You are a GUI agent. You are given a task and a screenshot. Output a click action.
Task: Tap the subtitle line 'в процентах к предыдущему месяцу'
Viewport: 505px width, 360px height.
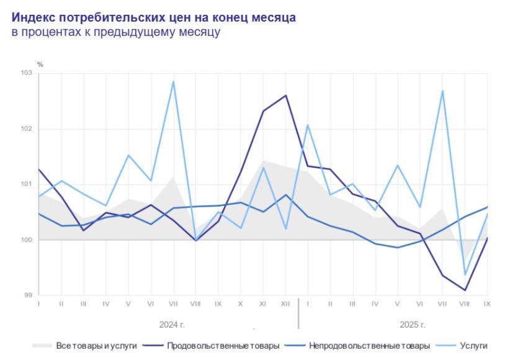click(115, 32)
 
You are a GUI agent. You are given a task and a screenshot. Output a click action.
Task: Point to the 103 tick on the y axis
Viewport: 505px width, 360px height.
click(27, 74)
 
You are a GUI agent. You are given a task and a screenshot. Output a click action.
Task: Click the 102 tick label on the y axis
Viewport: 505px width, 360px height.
click(27, 129)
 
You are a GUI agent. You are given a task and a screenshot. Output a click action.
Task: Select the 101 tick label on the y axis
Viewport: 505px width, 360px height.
click(27, 184)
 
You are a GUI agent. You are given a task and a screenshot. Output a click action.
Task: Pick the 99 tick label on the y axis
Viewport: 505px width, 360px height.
click(28, 295)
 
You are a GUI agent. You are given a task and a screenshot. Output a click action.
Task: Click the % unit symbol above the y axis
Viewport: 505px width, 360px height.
click(40, 64)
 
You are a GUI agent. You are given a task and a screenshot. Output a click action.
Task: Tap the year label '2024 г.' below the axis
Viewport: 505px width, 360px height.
click(172, 324)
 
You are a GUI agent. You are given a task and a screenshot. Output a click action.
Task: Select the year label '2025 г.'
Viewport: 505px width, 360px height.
click(413, 324)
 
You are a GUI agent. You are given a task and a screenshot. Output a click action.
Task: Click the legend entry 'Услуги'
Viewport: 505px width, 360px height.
click(474, 345)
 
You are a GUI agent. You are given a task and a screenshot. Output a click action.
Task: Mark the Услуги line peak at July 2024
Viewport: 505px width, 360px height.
click(173, 81)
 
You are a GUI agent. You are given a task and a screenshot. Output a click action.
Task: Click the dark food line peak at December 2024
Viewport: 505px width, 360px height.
click(285, 95)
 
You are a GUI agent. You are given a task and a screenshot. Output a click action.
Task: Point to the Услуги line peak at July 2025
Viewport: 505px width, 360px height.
click(442, 91)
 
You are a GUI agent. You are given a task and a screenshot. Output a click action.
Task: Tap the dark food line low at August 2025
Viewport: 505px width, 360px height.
click(465, 290)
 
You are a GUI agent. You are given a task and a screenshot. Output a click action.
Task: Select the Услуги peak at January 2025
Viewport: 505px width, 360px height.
click(308, 125)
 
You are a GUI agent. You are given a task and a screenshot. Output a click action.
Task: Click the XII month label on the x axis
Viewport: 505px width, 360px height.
click(285, 305)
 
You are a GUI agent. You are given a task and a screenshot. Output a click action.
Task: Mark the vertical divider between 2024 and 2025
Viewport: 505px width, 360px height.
click(298, 313)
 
